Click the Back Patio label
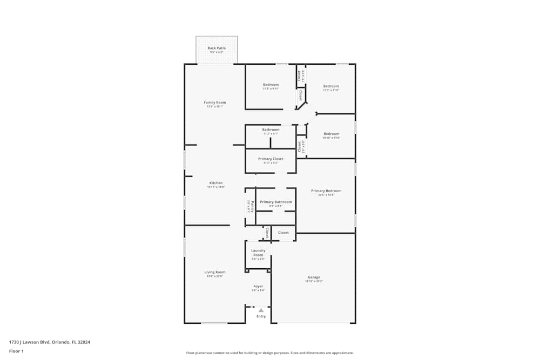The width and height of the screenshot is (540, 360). point(217,48)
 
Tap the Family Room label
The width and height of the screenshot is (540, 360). point(215,103)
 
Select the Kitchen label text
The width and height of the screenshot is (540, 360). point(216,183)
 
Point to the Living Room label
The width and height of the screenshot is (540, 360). point(215,272)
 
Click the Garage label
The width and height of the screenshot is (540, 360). point(314,277)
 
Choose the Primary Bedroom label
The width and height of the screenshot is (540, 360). point(326,191)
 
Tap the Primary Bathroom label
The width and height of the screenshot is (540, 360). point(275,202)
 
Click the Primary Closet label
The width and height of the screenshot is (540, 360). point(271,159)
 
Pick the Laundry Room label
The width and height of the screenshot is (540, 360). point(258,253)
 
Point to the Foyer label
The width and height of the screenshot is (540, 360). point(258,286)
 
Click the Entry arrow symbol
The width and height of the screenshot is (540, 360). point(261,310)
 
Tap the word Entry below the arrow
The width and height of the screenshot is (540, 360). point(261,316)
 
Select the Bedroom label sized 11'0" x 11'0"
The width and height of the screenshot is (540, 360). point(331,86)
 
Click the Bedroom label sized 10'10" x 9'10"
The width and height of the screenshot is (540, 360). point(331,134)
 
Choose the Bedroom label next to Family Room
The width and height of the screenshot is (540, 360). point(271,85)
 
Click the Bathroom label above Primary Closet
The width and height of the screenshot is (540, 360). point(271,130)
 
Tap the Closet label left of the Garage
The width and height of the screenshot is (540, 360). point(283,233)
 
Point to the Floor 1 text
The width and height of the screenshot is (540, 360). point(16,351)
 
